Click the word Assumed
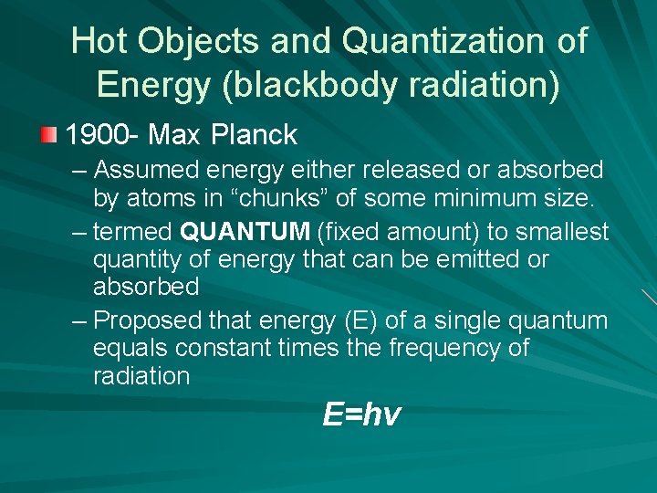point(149,170)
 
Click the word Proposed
point(148,321)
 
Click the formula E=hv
point(360,415)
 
